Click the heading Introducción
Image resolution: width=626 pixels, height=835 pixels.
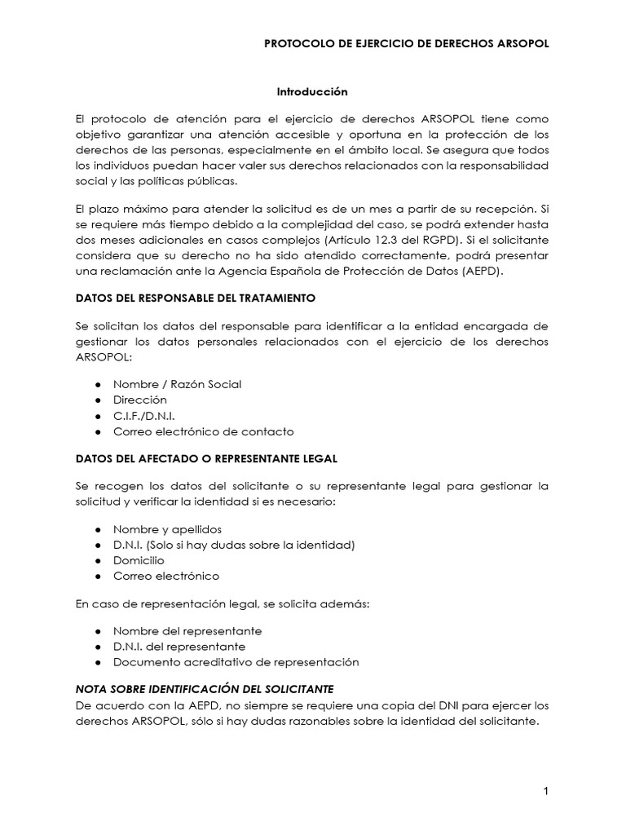click(313, 92)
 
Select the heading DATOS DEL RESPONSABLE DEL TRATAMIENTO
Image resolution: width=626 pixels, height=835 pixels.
click(194, 298)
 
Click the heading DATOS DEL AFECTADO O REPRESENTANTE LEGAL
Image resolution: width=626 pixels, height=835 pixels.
click(205, 458)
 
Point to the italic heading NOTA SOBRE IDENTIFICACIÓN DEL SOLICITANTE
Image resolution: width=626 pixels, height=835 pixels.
click(205, 688)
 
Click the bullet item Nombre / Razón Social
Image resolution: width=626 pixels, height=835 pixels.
click(177, 384)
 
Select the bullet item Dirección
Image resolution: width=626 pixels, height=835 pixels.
click(139, 400)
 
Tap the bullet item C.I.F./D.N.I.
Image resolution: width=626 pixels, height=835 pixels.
click(144, 416)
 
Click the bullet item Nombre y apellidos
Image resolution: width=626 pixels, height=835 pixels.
click(167, 529)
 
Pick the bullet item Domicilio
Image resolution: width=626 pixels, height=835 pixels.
click(139, 560)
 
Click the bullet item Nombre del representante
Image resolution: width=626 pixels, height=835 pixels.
click(187, 631)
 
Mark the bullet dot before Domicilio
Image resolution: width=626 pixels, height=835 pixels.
click(98, 561)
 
